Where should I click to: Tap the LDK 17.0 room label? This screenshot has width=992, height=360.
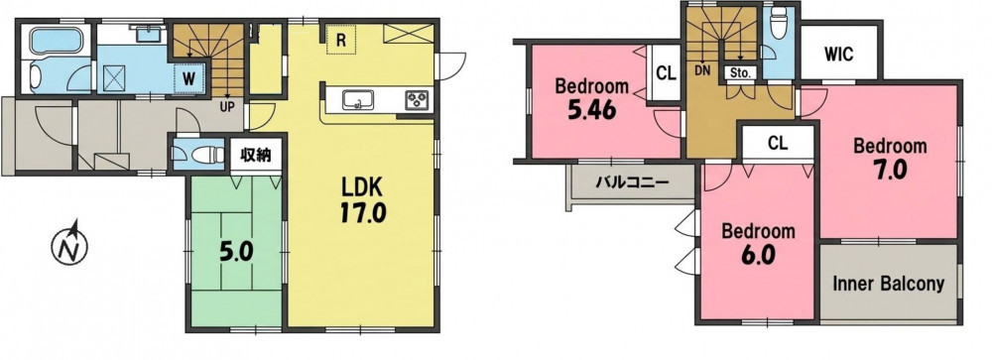[362, 200]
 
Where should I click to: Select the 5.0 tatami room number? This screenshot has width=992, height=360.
[236, 253]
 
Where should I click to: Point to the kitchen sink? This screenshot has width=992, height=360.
[358, 100]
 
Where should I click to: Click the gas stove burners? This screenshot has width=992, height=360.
[418, 100]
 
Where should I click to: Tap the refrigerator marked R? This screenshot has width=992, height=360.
[341, 41]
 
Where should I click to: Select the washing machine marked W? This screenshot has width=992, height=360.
[189, 79]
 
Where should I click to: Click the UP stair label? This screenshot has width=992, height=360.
[225, 107]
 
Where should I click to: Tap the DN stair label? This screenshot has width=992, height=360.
[702, 70]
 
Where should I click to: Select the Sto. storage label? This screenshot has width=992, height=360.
[740, 72]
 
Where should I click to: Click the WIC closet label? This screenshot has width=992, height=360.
[839, 55]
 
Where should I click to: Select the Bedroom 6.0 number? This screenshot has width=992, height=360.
[757, 253]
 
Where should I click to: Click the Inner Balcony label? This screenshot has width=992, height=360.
[888, 284]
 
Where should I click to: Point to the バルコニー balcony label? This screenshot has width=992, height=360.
[631, 183]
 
